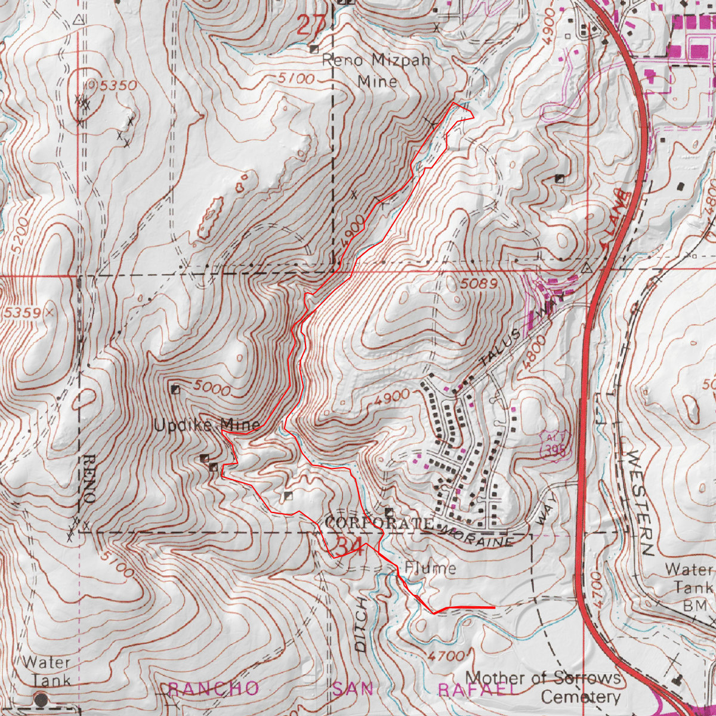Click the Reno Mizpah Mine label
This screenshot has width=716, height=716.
click(x=376, y=70)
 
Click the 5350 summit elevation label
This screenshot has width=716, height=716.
click(x=118, y=86)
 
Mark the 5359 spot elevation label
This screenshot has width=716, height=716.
click(x=21, y=313)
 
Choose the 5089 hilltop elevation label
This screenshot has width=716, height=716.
click(x=479, y=285)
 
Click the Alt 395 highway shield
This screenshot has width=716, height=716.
click(x=554, y=445)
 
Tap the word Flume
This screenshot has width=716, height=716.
click(x=430, y=568)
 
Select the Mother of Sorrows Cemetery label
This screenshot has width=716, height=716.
click(x=543, y=687)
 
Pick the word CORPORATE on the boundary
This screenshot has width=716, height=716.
click(x=379, y=523)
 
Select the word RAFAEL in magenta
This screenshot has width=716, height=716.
click(x=477, y=690)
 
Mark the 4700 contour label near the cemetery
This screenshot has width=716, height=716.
click(x=446, y=656)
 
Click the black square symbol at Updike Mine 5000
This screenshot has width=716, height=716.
click(x=175, y=390)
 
